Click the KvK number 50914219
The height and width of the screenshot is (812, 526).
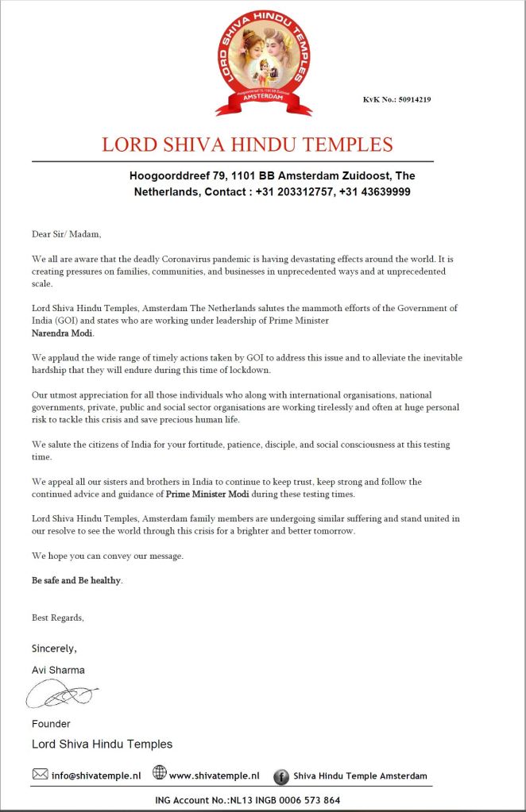(x=396, y=100)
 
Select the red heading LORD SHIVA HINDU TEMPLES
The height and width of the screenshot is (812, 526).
(x=247, y=144)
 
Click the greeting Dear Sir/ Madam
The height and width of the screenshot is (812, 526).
(x=67, y=233)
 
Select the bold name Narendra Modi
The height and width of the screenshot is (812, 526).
(x=63, y=333)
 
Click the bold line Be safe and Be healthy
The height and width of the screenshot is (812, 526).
(x=77, y=580)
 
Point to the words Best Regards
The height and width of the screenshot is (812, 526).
(x=57, y=618)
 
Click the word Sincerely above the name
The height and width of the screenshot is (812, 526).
(x=54, y=648)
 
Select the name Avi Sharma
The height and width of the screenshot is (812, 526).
(x=58, y=670)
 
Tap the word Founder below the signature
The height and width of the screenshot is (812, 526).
(x=51, y=724)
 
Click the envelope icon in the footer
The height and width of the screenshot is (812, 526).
(x=40, y=774)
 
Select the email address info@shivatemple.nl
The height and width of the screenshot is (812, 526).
(x=96, y=775)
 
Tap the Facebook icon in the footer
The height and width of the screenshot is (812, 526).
(x=280, y=776)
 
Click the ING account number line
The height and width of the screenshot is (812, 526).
(x=247, y=800)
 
